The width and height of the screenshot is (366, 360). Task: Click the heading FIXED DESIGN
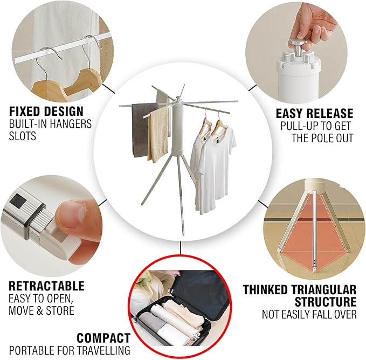click(x=46, y=112)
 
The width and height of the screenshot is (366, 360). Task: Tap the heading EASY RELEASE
click(x=315, y=114)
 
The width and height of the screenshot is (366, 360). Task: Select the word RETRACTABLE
click(x=47, y=286)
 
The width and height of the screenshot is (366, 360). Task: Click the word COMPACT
click(x=103, y=338)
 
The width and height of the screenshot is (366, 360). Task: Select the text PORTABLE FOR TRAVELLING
click(x=70, y=350)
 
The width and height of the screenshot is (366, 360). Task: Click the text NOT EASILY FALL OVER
click(x=309, y=314)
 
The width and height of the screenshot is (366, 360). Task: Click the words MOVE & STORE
click(x=42, y=310)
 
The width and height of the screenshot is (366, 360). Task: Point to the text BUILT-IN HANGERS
click(x=51, y=124)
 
